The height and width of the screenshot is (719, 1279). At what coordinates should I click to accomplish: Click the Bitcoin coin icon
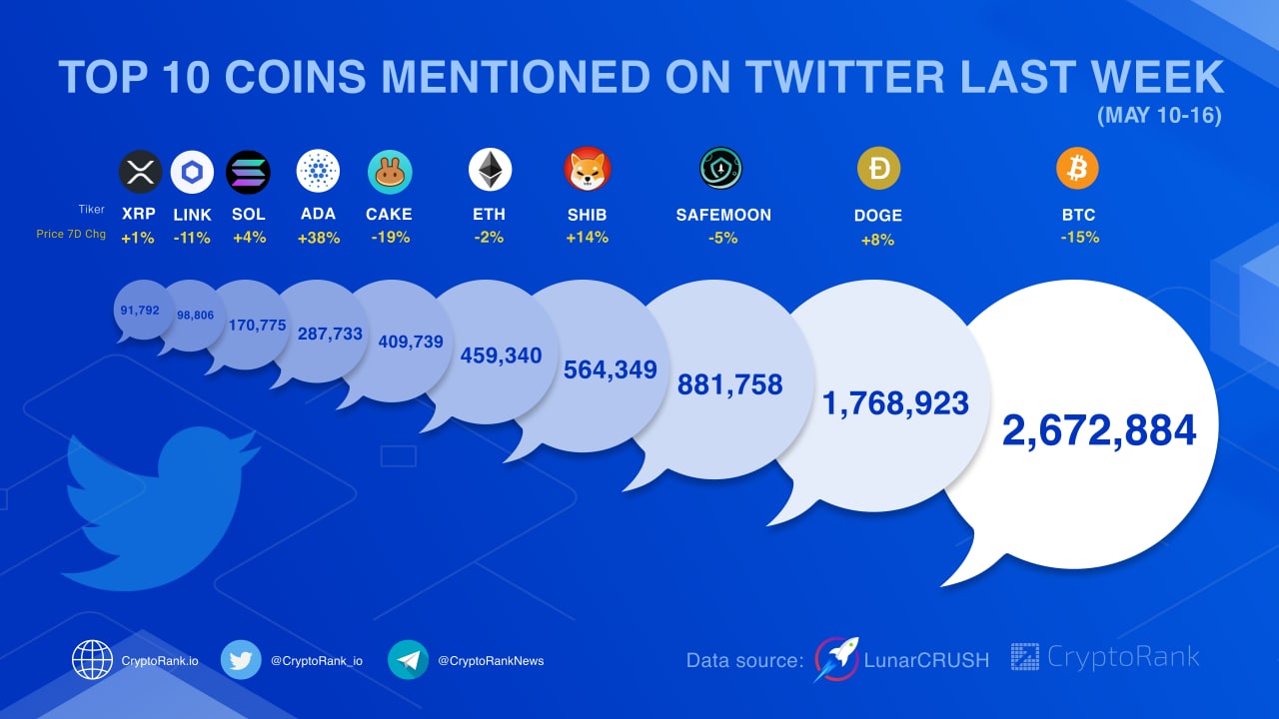1077,169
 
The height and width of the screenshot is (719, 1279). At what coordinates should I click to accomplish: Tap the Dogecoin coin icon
878,169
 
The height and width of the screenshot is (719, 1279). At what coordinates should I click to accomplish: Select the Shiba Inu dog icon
587,169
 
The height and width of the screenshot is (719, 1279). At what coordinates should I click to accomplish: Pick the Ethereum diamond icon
490,170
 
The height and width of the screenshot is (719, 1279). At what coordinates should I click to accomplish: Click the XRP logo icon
140,172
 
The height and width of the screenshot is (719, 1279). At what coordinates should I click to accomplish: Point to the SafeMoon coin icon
720,168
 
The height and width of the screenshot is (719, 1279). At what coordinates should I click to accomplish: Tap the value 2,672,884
1099,430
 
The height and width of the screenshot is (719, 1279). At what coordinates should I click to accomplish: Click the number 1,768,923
895,403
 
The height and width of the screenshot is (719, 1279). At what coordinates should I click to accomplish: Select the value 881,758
729,384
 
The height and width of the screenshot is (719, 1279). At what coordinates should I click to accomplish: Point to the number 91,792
139,311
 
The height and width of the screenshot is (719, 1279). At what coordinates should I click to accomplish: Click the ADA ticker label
318,214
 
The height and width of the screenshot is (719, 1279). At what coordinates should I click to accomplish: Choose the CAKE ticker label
389,214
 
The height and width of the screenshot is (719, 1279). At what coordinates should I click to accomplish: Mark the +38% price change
319,238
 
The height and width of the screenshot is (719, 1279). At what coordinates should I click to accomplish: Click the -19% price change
389,238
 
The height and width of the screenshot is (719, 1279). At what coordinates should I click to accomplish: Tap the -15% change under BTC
1079,238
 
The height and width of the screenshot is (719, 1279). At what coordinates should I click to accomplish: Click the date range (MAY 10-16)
1159,116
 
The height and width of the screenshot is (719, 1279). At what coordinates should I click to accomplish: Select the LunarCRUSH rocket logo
835,659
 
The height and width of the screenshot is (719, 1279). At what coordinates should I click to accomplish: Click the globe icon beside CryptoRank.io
92,659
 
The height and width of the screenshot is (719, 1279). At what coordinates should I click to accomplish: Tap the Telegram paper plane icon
408,659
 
